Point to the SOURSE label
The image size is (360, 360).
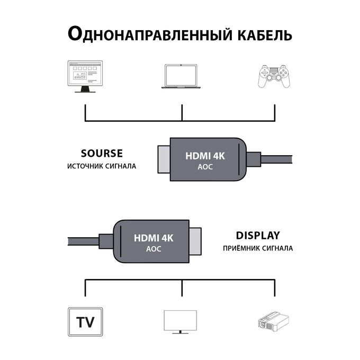102,154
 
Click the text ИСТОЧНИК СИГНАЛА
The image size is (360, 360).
102,166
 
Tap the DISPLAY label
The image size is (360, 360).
258,236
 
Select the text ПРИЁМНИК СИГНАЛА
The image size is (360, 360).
258,248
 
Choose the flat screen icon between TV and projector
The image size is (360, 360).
180,321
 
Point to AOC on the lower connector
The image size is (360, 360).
154,249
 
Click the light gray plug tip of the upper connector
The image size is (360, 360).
163,160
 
